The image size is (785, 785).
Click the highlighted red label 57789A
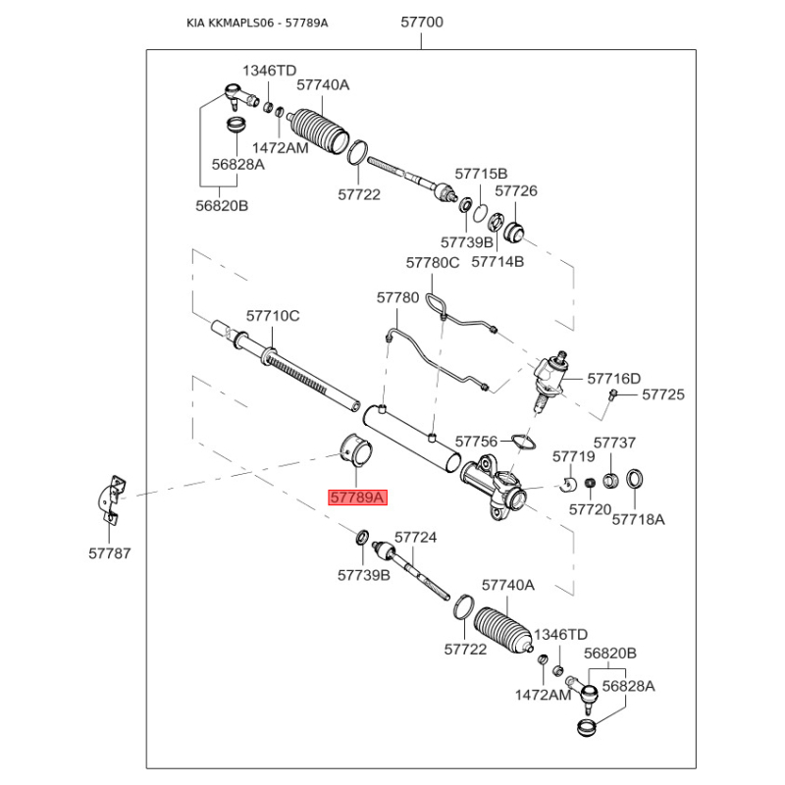(x=357, y=497)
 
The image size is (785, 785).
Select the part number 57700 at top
(x=422, y=21)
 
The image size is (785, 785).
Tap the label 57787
(x=109, y=554)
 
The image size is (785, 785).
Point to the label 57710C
(x=273, y=316)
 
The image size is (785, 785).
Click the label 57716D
(x=613, y=378)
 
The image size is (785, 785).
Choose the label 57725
(x=663, y=394)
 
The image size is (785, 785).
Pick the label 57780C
(x=433, y=262)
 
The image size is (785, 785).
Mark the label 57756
(x=477, y=442)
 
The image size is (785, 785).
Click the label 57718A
(x=638, y=518)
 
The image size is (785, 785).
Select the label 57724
(x=415, y=538)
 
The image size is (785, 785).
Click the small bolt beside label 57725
(x=611, y=394)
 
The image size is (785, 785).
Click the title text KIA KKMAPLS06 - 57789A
(x=257, y=23)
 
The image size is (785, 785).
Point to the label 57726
(x=516, y=191)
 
